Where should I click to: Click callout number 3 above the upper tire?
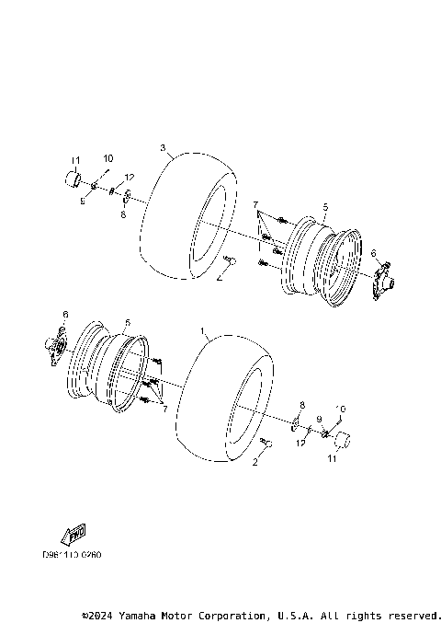click(x=163, y=147)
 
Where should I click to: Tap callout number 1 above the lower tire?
click(x=202, y=329)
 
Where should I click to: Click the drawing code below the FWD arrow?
click(x=71, y=555)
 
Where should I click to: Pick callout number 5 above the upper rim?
click(x=325, y=209)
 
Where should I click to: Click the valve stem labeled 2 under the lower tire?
click(x=268, y=444)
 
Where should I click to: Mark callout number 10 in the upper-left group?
click(x=107, y=159)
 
